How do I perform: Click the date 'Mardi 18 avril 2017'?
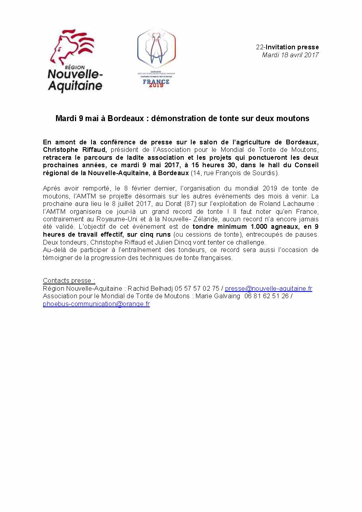[290, 55]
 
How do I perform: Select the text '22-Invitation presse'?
[287, 47]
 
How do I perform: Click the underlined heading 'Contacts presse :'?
[69, 280]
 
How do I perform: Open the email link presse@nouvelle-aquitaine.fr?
[269, 288]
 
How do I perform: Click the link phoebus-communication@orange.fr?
[96, 304]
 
